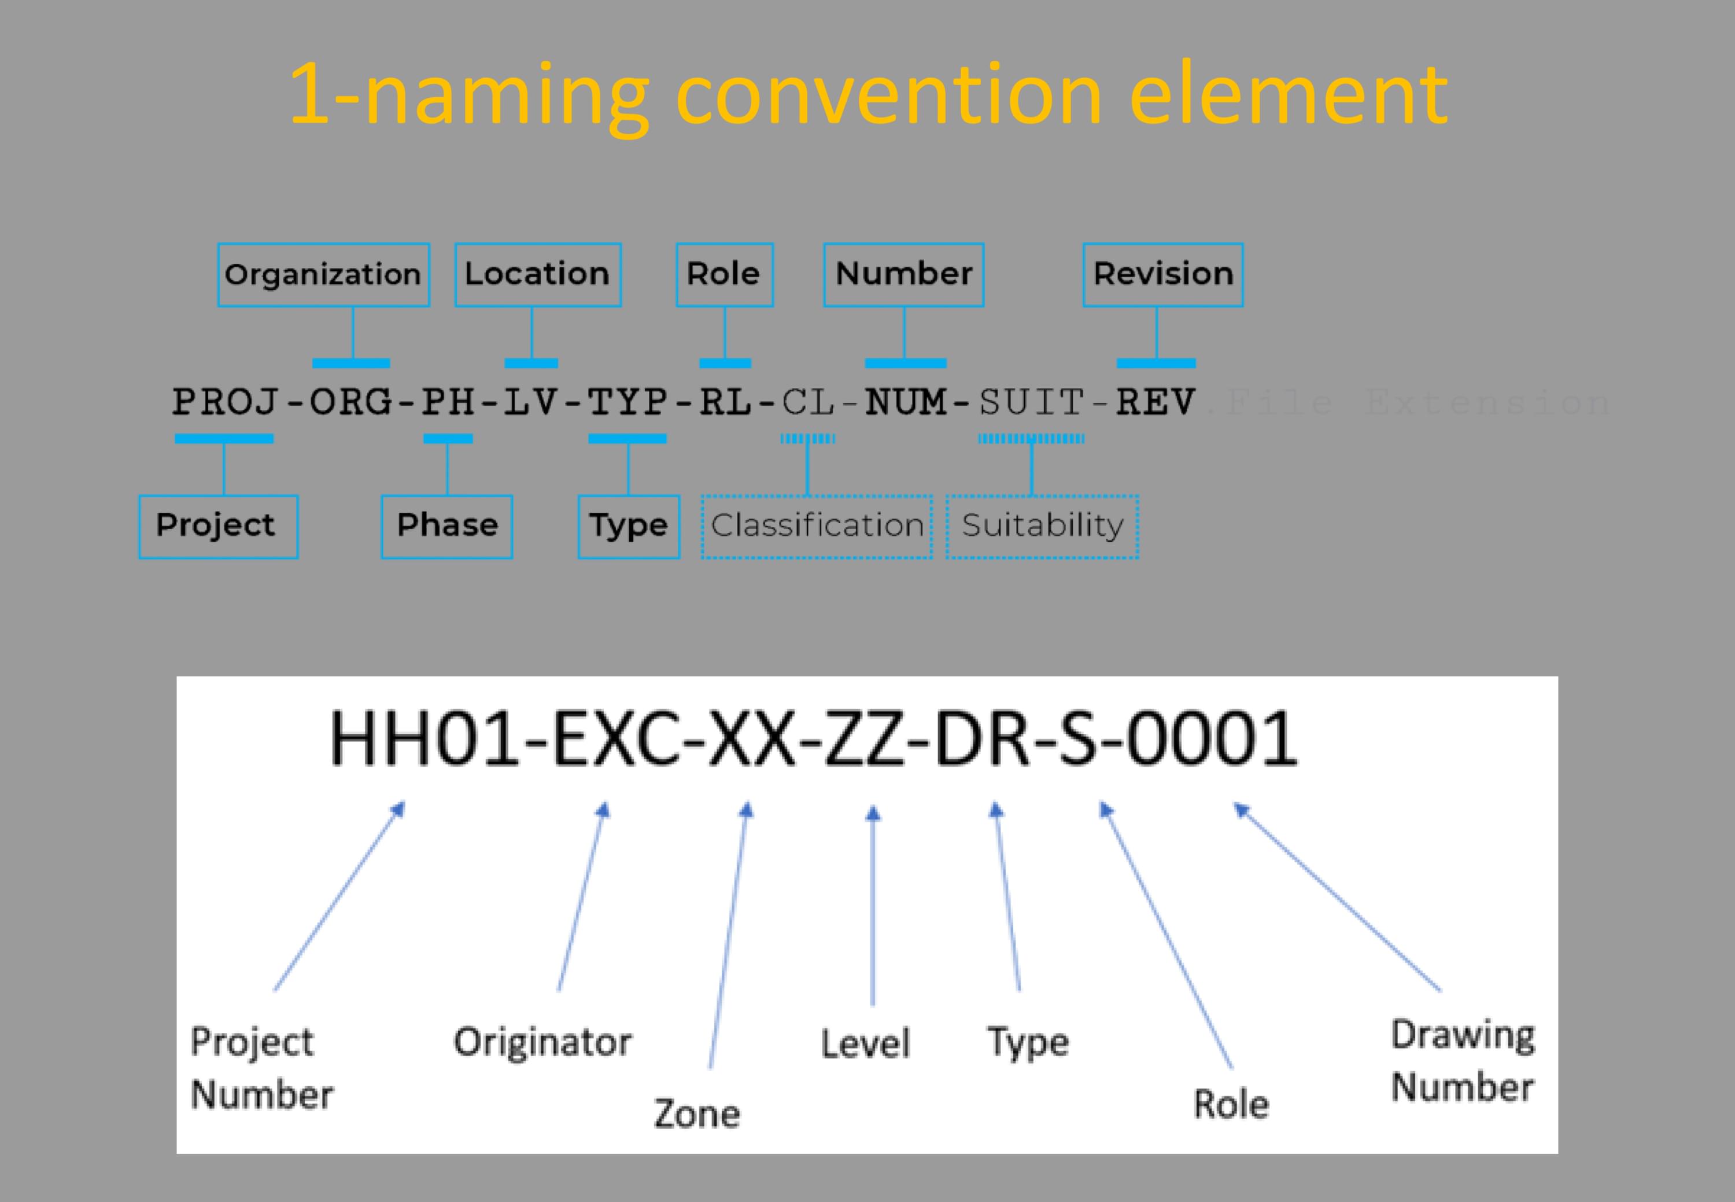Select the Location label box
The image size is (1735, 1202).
tap(537, 275)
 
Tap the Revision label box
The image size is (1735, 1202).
tap(1163, 275)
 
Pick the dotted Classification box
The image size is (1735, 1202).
tap(817, 527)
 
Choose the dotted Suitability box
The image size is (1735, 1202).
tap(1043, 527)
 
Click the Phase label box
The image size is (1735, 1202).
tap(447, 527)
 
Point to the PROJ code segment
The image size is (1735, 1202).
tap(226, 402)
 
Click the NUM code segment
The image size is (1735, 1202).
tap(906, 402)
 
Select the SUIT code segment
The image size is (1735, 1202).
tap(1031, 402)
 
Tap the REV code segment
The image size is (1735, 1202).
tap(1156, 402)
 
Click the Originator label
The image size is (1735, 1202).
tap(542, 1042)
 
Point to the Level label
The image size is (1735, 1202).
tap(866, 1044)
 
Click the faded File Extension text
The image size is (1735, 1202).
tap(1408, 403)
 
